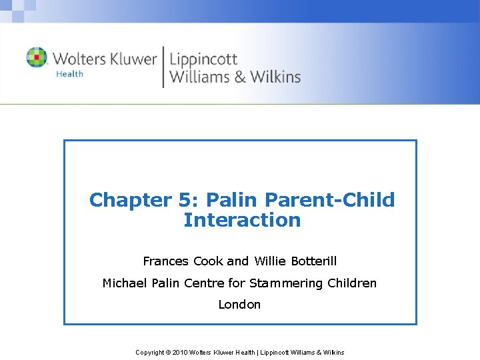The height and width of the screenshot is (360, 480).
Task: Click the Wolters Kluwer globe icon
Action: (x=37, y=57)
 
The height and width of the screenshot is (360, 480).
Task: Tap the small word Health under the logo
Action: (x=70, y=74)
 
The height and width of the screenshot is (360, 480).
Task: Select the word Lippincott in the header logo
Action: (x=203, y=59)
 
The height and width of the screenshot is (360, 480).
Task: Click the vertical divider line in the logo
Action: (x=163, y=67)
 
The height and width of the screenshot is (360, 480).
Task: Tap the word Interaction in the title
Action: (x=242, y=220)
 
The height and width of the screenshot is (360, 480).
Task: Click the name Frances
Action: (x=166, y=261)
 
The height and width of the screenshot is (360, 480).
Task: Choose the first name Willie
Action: (x=270, y=261)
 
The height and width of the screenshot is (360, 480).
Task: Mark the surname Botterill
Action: (x=313, y=261)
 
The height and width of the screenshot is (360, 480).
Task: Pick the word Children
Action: (x=352, y=283)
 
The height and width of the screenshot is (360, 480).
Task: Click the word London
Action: (x=239, y=305)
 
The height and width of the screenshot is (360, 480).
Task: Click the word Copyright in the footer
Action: (x=150, y=352)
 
